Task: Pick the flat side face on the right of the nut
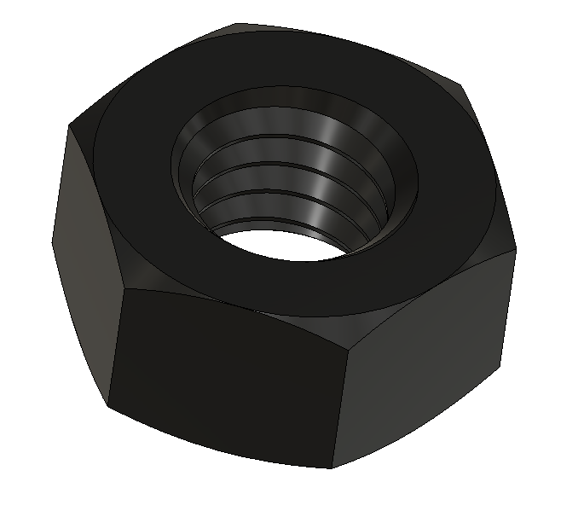click(x=426, y=358)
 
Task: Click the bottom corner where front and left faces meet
click(x=109, y=404)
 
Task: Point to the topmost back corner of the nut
click(x=236, y=24)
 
